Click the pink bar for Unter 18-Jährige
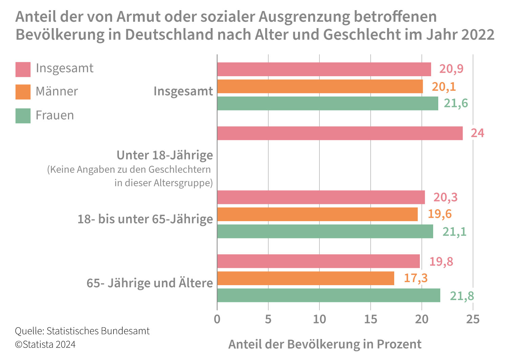(x=340, y=133)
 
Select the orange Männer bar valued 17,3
(x=305, y=278)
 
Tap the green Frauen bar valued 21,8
(x=329, y=295)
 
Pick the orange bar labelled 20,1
(x=320, y=86)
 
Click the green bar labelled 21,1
(x=325, y=231)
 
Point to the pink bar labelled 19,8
(x=318, y=261)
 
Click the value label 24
(x=477, y=133)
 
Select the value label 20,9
(x=451, y=69)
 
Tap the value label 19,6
(x=440, y=214)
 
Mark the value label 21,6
(x=456, y=103)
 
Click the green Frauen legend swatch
(x=23, y=116)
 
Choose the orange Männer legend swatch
(x=23, y=92)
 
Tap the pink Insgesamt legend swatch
(x=23, y=69)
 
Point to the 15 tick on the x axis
(x=371, y=319)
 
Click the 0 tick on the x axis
(x=217, y=319)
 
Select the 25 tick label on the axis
(x=473, y=319)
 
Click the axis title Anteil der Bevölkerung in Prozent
(x=325, y=344)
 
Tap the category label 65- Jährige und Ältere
(x=150, y=283)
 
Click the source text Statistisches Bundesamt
(x=98, y=331)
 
